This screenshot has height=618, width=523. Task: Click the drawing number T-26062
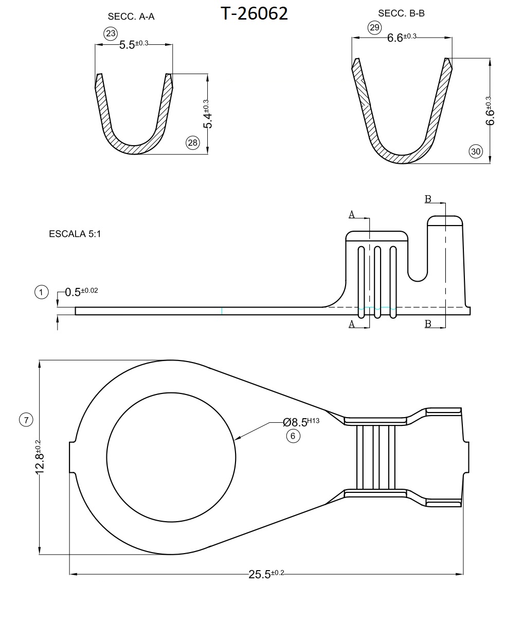click(254, 13)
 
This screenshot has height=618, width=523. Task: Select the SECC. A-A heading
click(131, 16)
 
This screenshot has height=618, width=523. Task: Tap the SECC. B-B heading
click(401, 13)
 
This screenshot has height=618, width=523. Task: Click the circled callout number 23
click(111, 34)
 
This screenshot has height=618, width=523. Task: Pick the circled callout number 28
click(192, 143)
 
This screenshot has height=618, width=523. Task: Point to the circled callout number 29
click(374, 27)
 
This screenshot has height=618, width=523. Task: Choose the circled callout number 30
click(476, 151)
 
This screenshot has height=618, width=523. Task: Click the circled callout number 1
click(41, 292)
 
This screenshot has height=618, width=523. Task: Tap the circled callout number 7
click(26, 419)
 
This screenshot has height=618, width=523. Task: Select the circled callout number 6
click(293, 436)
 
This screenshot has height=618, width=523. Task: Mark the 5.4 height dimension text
click(207, 115)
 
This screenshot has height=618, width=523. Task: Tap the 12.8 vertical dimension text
click(40, 456)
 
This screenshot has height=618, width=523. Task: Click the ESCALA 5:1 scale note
click(75, 234)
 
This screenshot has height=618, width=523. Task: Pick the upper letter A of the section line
click(352, 214)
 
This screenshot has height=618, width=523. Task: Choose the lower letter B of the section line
click(428, 323)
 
